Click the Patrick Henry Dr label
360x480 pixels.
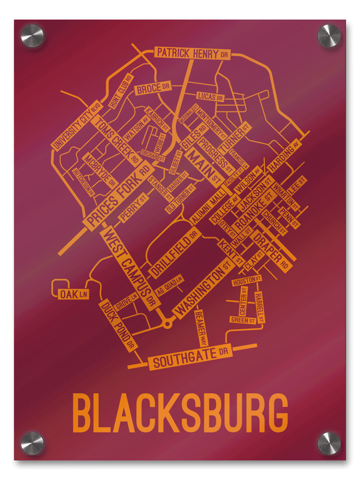click(x=193, y=53)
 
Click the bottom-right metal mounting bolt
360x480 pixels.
click(x=328, y=443)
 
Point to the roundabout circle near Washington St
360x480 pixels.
click(x=167, y=324)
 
